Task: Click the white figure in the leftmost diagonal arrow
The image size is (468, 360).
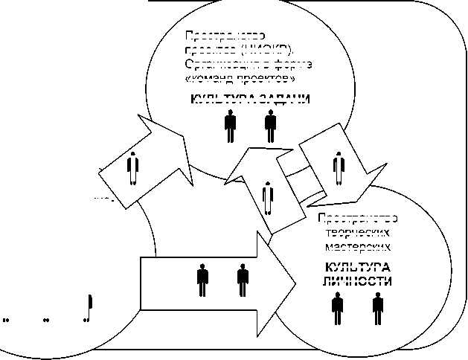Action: click(x=133, y=169)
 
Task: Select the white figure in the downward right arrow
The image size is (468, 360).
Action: click(x=339, y=169)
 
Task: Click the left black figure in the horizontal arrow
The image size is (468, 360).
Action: click(x=202, y=280)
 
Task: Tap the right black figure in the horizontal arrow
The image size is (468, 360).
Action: click(x=243, y=280)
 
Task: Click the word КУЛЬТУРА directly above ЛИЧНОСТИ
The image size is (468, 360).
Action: click(x=356, y=268)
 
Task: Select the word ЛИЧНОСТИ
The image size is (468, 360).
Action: click(x=356, y=281)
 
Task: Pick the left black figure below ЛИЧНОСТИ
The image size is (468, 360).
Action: click(x=338, y=307)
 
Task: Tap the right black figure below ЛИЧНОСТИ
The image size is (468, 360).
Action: click(x=378, y=307)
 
